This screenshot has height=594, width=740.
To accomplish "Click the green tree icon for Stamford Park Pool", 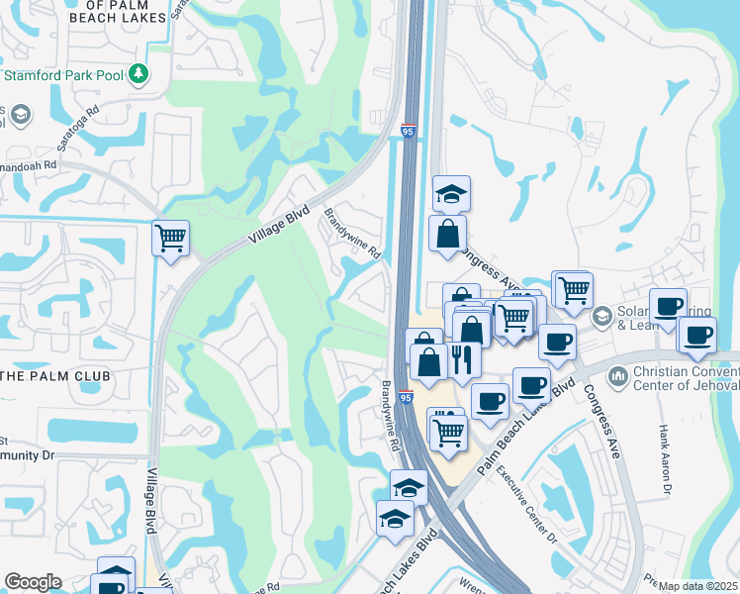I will pyautogui.click(x=139, y=73).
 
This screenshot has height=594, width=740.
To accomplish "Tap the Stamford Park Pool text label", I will pyautogui.click(x=64, y=74).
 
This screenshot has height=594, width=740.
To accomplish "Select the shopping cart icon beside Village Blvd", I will pyautogui.click(x=170, y=238).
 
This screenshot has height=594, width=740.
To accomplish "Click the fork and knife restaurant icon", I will pyautogui.click(x=463, y=358).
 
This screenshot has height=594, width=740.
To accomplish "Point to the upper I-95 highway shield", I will pyautogui.click(x=409, y=131).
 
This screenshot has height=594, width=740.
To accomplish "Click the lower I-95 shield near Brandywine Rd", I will pyautogui.click(x=407, y=397).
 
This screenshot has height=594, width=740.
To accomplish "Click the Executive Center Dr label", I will pyautogui.click(x=526, y=505).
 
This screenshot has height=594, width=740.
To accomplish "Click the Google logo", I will pyautogui.click(x=33, y=582).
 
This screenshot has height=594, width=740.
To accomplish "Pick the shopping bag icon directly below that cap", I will pyautogui.click(x=447, y=234).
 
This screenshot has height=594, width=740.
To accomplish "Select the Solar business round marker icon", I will pyautogui.click(x=601, y=317).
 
